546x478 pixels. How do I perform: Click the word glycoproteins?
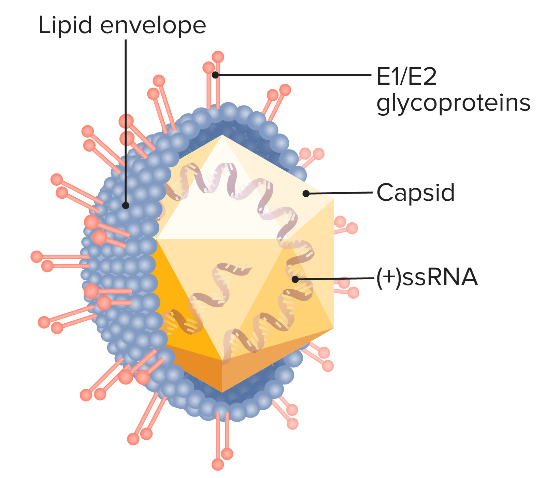coord(454,103)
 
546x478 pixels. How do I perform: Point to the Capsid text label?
coord(416,193)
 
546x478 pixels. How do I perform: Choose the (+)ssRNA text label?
coord(427,277)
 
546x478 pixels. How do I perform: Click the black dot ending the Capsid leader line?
coord(306,194)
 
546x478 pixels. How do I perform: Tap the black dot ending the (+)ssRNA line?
coord(295,279)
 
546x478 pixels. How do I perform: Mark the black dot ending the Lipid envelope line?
coord(126,205)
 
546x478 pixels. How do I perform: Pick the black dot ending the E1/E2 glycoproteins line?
coord(215,75)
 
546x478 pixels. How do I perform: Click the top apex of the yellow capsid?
coord(222,135)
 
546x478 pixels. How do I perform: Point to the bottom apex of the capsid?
coord(222,392)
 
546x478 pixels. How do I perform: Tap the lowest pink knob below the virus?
coord(218,464)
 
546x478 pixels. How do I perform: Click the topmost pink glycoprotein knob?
coord(218,57)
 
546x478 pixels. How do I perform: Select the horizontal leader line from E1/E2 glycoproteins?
coord(293,74)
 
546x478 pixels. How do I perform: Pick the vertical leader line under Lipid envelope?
coord(126,119)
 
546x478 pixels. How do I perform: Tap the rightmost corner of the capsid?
coord(333,200)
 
